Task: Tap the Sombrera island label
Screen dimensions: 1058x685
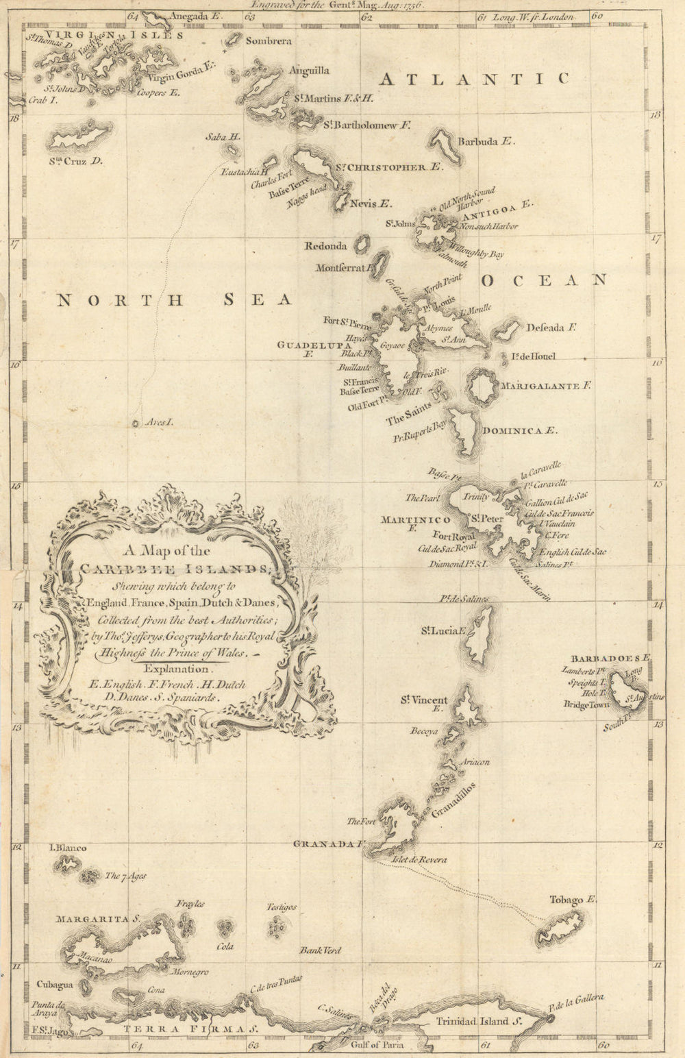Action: [269, 41]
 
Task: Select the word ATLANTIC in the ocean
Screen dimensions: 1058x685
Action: [474, 79]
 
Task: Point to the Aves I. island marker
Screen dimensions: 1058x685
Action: [136, 423]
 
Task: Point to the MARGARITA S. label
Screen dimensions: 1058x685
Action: [98, 919]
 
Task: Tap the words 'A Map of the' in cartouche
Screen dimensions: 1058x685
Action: [166, 550]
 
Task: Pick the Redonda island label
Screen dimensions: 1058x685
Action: [325, 246]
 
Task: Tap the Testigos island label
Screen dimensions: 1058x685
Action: [282, 907]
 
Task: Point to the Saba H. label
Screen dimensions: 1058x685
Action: [223, 137]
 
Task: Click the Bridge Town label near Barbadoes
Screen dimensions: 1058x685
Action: [586, 704]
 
